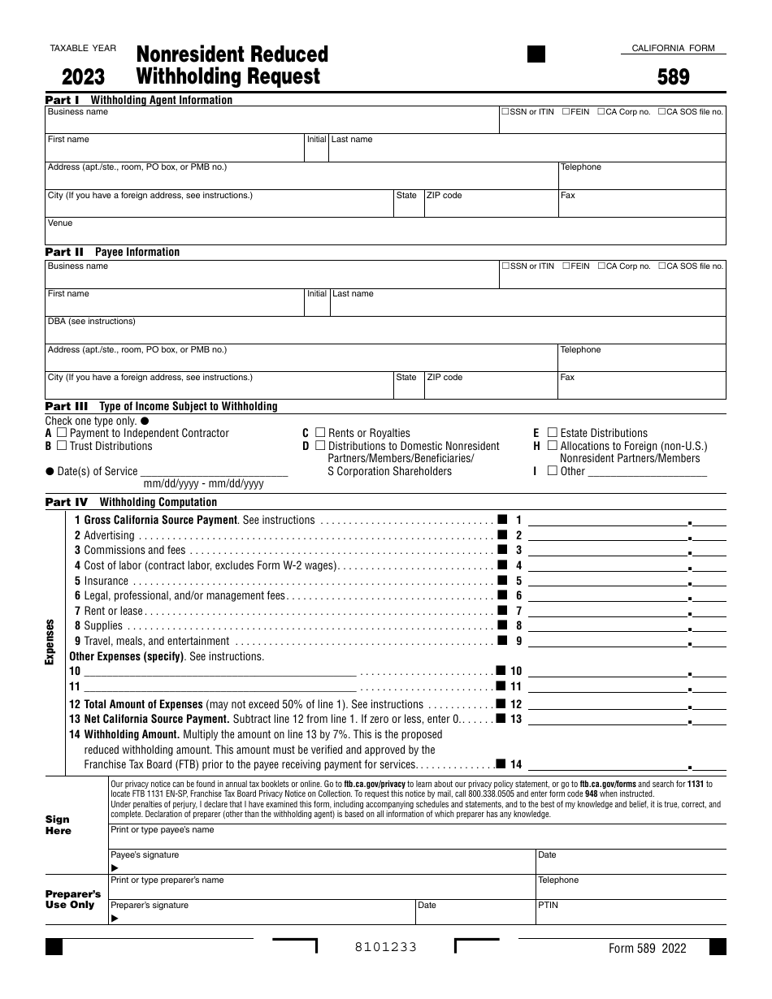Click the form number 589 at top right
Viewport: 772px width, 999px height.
[674, 77]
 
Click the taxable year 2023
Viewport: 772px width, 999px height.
[83, 77]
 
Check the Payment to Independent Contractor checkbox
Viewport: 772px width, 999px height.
[62, 433]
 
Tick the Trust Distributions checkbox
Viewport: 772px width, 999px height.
[62, 446]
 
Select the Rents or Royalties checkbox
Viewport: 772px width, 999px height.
[320, 433]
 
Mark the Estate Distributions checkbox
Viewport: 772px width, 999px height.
[553, 433]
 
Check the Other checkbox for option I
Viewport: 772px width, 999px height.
[553, 470]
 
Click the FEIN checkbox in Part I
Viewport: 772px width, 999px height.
[566, 111]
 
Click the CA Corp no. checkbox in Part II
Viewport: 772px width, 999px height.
[601, 266]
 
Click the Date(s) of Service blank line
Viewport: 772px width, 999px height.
[215, 471]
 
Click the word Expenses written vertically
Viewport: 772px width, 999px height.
[50, 642]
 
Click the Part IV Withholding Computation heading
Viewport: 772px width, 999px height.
[131, 502]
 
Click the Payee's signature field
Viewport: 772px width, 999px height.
[321, 865]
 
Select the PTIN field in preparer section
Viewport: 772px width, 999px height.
[630, 915]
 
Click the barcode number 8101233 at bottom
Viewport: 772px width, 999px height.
[385, 947]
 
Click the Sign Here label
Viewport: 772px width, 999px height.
[59, 825]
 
